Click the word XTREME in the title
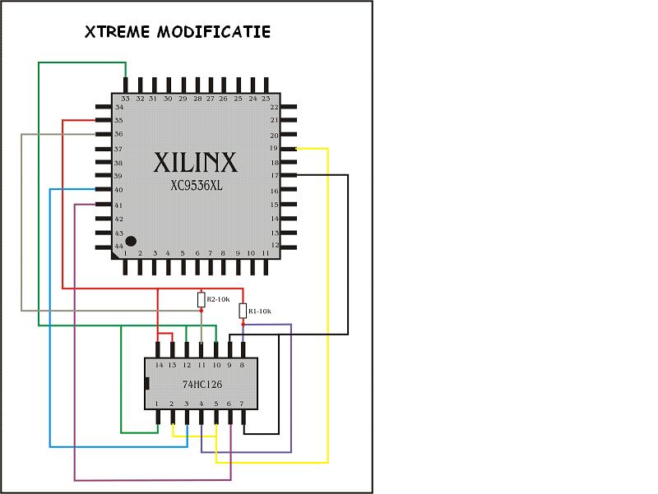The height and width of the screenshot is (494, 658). tap(117, 32)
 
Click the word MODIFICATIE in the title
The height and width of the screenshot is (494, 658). tap(214, 32)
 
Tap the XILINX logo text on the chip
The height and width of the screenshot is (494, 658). tap(196, 162)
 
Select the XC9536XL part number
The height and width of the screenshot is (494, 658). tap(197, 186)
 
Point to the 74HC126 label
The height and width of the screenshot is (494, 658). tap(202, 384)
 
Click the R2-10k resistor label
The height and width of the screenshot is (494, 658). tap(218, 299)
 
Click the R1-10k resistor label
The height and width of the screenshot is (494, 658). tap(260, 312)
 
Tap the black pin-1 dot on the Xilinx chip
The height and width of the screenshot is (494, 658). tap(131, 241)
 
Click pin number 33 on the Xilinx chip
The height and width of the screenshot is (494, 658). tap(125, 99)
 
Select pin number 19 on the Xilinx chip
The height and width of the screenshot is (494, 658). tap(274, 148)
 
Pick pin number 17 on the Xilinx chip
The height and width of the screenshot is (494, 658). tap(275, 176)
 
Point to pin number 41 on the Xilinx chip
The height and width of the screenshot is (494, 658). tap(118, 205)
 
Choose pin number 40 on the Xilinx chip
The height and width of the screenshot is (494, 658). tap(118, 190)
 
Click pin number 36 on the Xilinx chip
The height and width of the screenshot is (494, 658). tap(118, 134)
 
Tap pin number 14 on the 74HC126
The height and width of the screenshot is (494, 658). tap(159, 365)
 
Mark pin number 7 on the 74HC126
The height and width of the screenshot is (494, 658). tap(242, 404)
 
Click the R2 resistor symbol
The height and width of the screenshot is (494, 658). tap(202, 300)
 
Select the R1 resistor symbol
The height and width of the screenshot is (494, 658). tap(243, 312)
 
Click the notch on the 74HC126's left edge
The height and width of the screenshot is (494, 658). tap(147, 383)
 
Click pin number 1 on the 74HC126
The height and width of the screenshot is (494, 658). tap(156, 404)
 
